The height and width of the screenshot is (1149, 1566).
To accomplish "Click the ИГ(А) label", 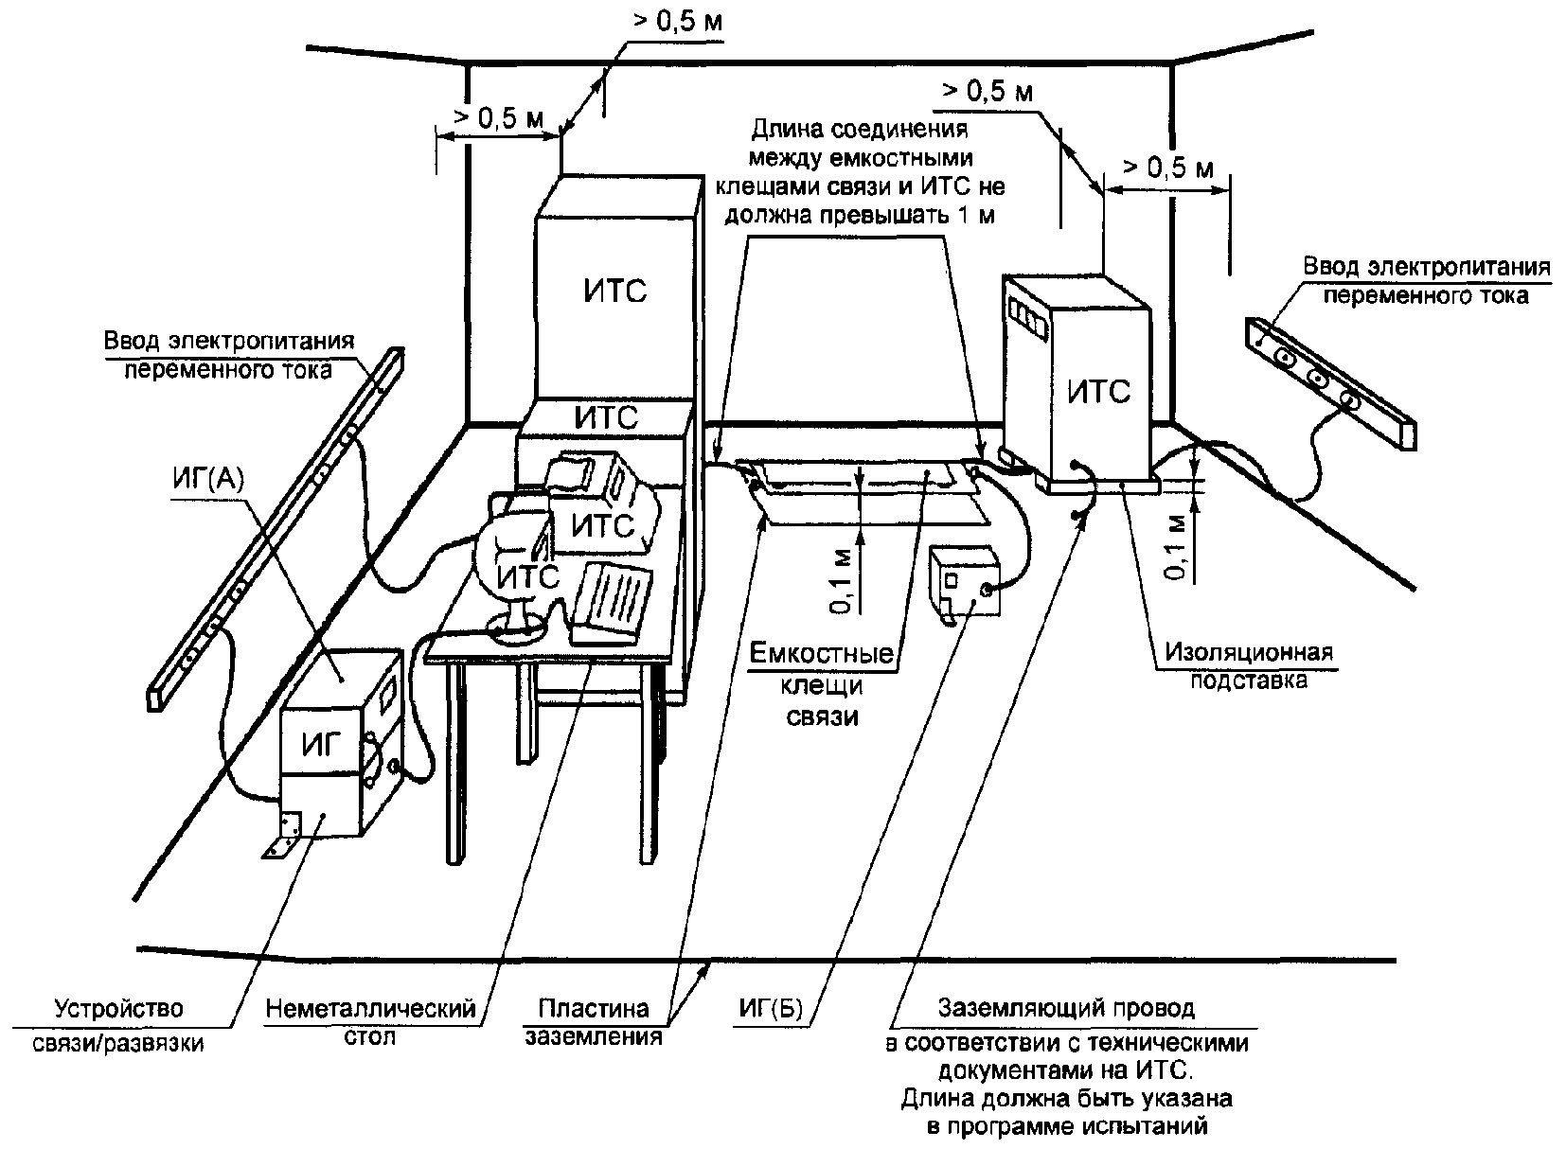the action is [207, 480].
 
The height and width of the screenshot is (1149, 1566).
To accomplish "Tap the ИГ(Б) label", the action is [771, 1009].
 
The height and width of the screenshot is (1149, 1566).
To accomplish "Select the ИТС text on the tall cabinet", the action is [615, 291].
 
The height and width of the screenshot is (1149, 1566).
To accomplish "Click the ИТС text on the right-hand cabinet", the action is [1098, 392].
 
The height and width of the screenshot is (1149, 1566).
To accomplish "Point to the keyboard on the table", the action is [611, 602].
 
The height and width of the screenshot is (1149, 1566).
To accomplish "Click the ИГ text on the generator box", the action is [322, 745].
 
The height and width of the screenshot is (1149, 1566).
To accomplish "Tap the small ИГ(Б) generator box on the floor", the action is [964, 581].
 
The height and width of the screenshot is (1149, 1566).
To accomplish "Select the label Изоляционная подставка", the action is [1249, 666].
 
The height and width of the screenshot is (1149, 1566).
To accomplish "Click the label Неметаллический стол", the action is [370, 1022].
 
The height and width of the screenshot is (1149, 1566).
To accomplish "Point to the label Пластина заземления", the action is [594, 1022].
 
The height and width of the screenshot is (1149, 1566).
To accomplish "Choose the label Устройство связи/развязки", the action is [118, 1025].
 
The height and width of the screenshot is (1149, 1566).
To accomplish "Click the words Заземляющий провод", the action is [1066, 1008].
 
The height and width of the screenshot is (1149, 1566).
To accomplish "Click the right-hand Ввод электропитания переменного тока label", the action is [1426, 281].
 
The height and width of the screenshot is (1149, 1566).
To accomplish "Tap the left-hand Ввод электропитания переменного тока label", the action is [228, 355].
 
